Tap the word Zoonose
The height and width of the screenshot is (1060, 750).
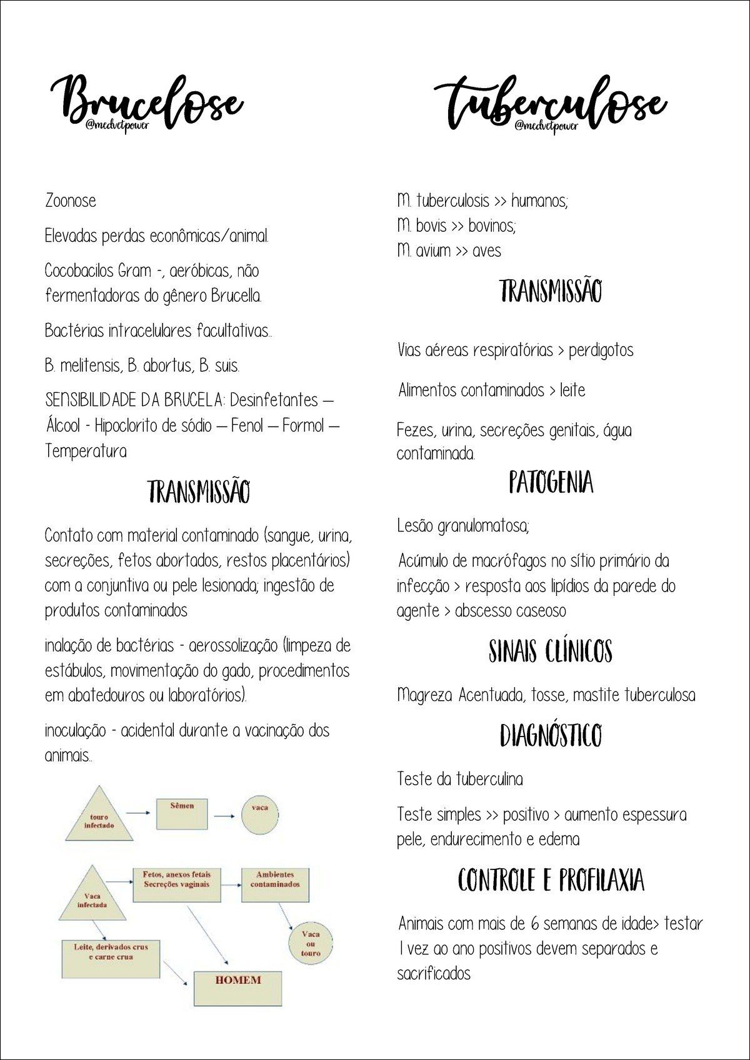coord(71,201)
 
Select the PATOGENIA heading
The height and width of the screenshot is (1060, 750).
coord(551,483)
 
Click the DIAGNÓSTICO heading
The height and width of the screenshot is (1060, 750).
coord(550,735)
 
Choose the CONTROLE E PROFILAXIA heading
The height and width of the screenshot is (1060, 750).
coord(551,881)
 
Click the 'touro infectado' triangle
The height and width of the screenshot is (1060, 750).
coord(99,819)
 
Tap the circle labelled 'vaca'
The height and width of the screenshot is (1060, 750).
coord(259,815)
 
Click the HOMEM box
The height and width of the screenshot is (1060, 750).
coord(237,988)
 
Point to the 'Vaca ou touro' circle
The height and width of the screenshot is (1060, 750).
coord(311,943)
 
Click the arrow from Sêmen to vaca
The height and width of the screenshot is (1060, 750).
coord(224,815)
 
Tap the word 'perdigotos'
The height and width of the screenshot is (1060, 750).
coord(601,350)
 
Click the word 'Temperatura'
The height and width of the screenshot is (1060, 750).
coord(86,451)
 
